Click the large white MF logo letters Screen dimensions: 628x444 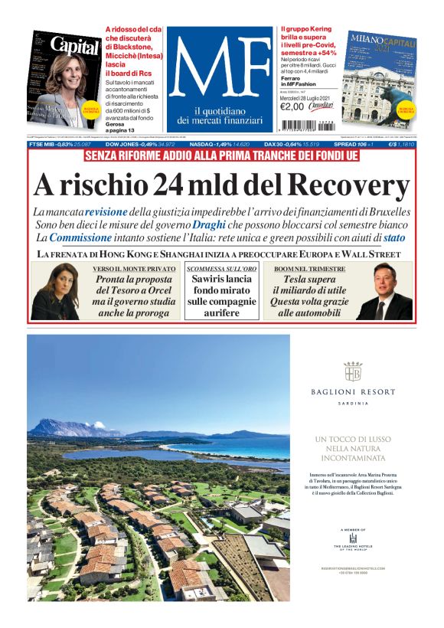(220, 68)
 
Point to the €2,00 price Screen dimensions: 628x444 (292, 106)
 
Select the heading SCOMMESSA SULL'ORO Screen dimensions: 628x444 (221, 270)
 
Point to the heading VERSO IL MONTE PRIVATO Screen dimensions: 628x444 (133, 270)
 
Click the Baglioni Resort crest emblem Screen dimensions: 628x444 (353, 372)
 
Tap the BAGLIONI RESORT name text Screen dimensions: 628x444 (353, 392)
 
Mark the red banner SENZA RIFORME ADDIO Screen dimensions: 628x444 (221, 156)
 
